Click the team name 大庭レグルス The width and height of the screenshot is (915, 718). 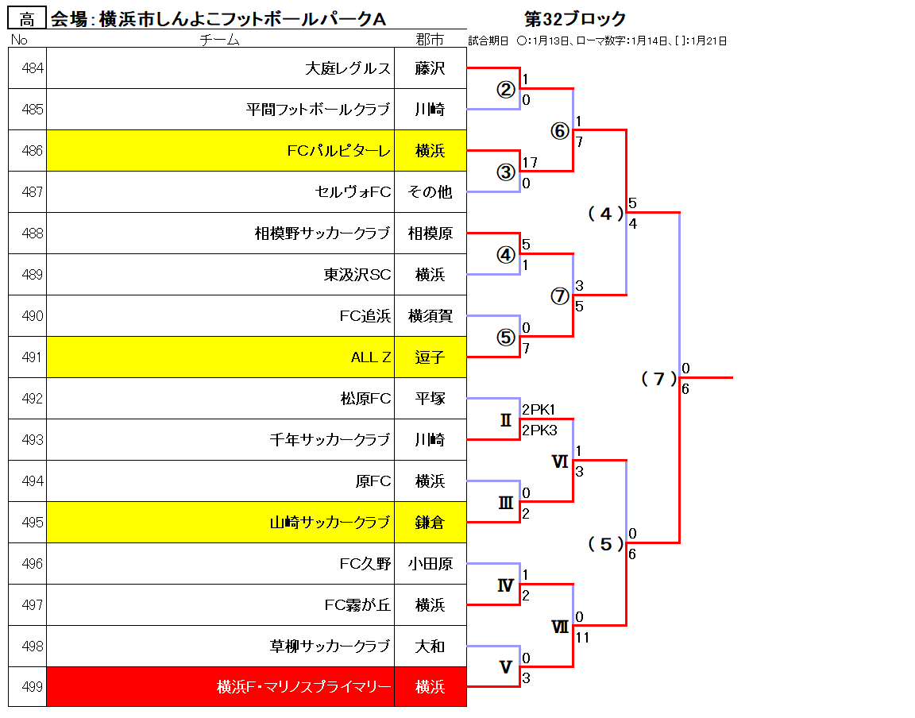click(x=348, y=68)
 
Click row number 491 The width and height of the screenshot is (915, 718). click(x=32, y=357)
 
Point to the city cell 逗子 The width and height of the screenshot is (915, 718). click(x=430, y=357)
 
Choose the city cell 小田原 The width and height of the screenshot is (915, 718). click(x=430, y=564)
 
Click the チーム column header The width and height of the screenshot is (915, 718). click(x=219, y=40)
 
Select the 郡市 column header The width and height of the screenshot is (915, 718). click(x=430, y=40)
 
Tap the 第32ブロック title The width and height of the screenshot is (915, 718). click(x=575, y=19)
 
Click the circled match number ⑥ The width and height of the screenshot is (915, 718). click(x=560, y=131)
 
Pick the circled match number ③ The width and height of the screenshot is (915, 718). click(x=506, y=172)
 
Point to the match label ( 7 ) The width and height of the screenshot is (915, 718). click(x=658, y=379)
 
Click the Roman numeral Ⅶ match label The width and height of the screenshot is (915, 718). click(x=560, y=627)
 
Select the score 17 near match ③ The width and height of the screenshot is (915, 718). click(x=530, y=162)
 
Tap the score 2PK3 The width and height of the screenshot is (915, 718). click(x=539, y=430)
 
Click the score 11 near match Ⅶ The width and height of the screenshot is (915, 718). click(x=582, y=638)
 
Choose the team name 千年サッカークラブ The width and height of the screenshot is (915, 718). click(x=330, y=439)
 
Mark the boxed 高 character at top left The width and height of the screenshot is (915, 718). click(x=27, y=19)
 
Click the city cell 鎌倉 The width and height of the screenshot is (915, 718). click(x=430, y=523)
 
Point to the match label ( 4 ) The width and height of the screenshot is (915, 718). click(x=606, y=214)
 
